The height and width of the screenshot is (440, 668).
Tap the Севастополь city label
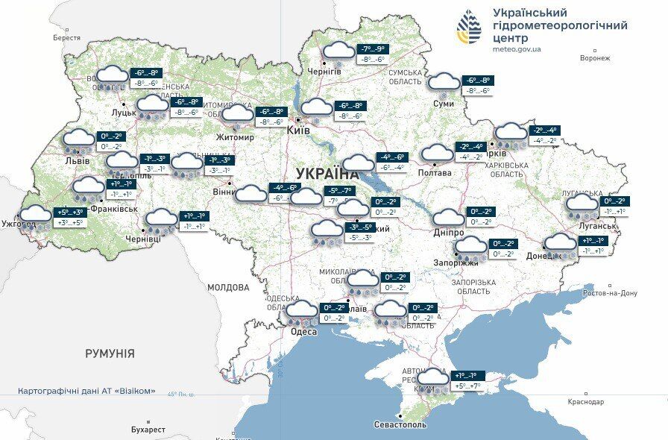point(400,424)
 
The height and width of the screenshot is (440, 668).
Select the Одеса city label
point(303,331)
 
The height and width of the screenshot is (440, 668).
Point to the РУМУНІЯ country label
point(110,353)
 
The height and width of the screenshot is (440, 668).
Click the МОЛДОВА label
point(228,287)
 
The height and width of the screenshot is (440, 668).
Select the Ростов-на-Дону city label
point(611,293)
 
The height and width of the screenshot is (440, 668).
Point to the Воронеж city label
point(594,58)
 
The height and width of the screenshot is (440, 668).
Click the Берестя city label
point(66,37)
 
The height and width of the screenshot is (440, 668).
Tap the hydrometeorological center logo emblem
point(469,29)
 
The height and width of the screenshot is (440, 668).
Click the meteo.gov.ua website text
point(517,48)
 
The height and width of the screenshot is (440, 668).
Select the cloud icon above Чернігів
point(339,52)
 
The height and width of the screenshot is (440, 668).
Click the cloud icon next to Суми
point(444,84)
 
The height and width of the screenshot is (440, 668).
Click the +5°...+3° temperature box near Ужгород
point(71,213)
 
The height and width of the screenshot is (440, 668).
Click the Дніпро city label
point(449,233)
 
